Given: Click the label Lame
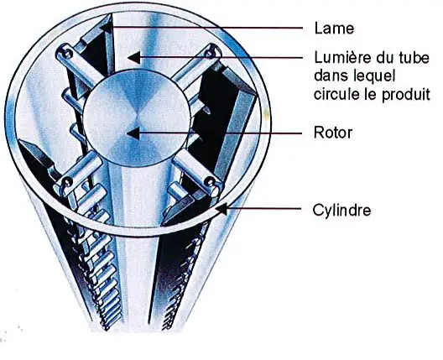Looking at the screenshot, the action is tap(334, 29).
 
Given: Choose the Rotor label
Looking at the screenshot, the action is tap(333, 133).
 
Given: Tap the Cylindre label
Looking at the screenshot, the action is tap(341, 210).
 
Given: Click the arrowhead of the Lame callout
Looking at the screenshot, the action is tap(107, 28).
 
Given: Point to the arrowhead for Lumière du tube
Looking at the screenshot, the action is tap(134, 57).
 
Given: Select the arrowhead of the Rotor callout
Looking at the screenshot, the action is tap(133, 133).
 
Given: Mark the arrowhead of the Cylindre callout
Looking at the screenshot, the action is tap(221, 210).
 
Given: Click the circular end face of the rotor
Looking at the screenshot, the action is tap(137, 117).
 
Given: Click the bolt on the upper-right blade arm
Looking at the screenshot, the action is tap(210, 54).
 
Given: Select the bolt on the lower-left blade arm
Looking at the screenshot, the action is tap(66, 181).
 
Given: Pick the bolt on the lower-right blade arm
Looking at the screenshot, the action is tap(211, 180).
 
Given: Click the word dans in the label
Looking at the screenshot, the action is tap(328, 76).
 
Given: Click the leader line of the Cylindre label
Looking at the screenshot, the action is tap(264, 209).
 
